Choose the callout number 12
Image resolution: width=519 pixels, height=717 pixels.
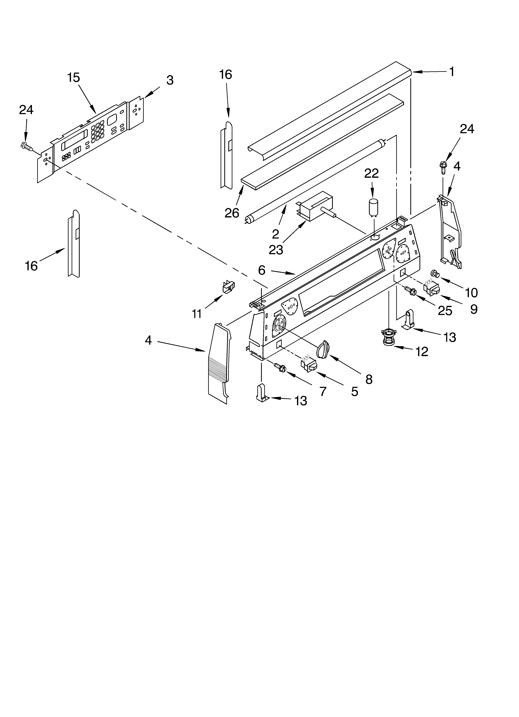(422, 351)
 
